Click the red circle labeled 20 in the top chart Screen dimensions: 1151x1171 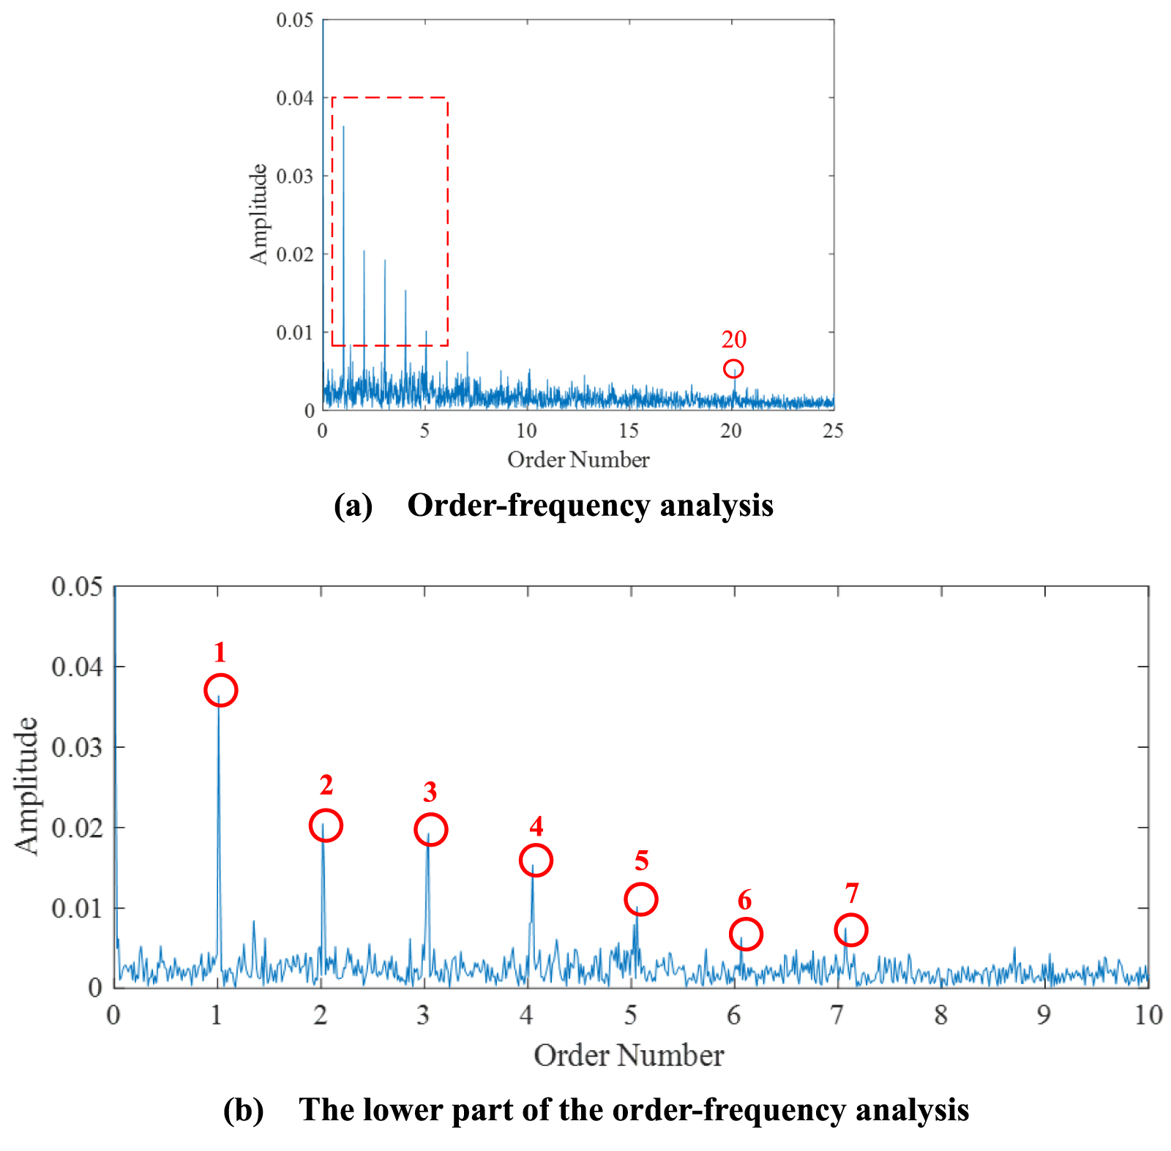[x=733, y=369]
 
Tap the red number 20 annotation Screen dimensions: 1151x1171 [x=734, y=340]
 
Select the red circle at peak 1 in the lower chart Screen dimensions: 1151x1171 [x=220, y=690]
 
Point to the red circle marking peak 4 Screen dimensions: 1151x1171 [x=536, y=860]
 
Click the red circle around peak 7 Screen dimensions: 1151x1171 [x=850, y=930]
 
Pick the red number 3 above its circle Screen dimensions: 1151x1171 [x=430, y=792]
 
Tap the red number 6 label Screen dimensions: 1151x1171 [x=744, y=900]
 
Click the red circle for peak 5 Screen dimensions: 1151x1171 [x=640, y=899]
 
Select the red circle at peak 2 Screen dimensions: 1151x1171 [x=326, y=825]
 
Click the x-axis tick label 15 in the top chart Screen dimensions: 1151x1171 [x=629, y=431]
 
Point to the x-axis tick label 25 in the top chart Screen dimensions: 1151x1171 [x=833, y=431]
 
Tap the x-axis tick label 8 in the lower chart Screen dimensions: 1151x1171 [x=940, y=1015]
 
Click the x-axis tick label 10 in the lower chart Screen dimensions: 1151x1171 [x=1148, y=1015]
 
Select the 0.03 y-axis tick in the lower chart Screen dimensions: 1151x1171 [x=76, y=747]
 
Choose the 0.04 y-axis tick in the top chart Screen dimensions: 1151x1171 [x=294, y=98]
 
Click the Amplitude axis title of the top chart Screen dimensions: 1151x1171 [x=259, y=214]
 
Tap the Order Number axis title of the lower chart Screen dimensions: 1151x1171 [x=629, y=1056]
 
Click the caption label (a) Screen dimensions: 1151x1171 [x=353, y=506]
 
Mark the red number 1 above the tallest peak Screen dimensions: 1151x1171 [x=220, y=652]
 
